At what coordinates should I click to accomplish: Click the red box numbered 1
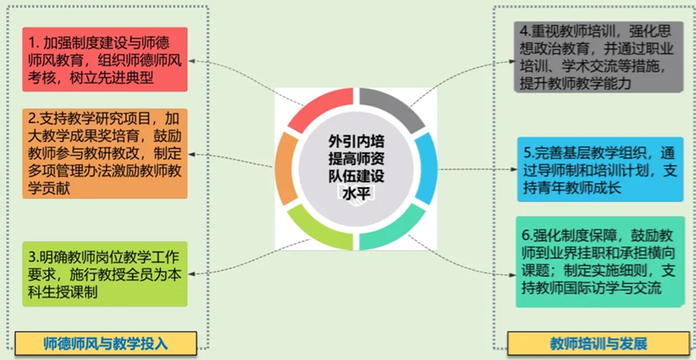point(105,59)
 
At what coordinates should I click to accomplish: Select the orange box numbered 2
point(105,154)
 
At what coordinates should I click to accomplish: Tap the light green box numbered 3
point(105,274)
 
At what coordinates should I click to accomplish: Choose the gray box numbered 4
point(599,57)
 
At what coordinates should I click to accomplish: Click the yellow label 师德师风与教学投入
point(106,343)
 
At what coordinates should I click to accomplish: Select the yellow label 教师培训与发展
point(599,344)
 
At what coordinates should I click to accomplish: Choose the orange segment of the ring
point(286,169)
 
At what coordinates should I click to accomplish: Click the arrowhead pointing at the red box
point(192,61)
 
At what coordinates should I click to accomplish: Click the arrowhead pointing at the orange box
point(192,154)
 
